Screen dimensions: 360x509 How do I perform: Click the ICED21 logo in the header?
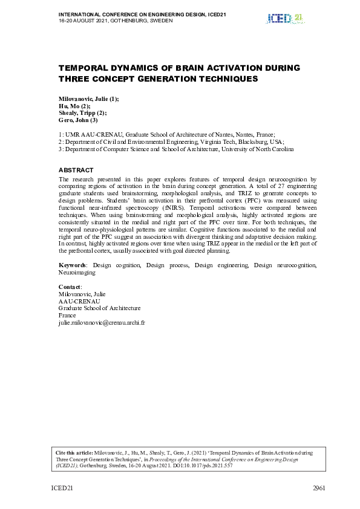pos(284,18)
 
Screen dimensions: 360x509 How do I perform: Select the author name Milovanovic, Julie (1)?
pos(88,99)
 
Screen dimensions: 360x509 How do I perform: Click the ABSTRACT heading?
pos(76,170)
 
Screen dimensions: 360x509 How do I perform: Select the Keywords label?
pos(72,265)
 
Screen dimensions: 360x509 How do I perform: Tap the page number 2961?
pos(319,488)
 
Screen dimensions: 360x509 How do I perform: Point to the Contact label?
pos(70,287)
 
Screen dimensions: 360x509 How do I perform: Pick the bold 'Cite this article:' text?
pos(74,452)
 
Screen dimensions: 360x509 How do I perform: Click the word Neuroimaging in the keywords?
pos(77,273)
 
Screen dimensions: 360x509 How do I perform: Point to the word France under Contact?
pos(67,316)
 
